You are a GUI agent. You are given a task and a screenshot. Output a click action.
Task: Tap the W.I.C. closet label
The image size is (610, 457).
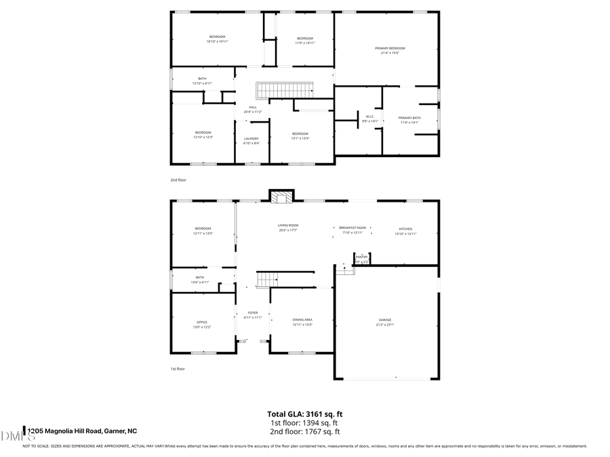(370, 116)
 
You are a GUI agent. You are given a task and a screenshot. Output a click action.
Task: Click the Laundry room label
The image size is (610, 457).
(251, 138)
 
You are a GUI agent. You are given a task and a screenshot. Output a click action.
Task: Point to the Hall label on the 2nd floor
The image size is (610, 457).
(252, 107)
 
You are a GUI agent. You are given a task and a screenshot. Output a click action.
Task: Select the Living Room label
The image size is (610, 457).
(288, 225)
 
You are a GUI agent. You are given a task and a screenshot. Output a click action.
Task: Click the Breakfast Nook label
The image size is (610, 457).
(352, 227)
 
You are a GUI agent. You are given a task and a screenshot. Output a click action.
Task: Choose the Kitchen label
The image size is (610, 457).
(405, 229)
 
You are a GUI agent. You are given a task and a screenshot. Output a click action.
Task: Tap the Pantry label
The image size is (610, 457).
(362, 257)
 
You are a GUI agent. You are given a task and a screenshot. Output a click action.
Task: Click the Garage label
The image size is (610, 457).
(385, 320)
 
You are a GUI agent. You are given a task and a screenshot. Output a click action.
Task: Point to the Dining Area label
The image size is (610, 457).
(302, 320)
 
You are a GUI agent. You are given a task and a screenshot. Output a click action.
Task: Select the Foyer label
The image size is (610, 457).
(252, 313)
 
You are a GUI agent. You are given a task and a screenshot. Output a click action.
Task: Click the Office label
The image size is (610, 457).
(202, 322)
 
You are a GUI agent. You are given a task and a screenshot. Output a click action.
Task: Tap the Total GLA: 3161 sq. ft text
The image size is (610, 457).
(305, 414)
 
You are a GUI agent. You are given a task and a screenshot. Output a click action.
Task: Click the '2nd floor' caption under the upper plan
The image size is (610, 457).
(178, 180)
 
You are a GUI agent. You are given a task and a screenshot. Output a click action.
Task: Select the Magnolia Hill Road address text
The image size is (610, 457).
(82, 431)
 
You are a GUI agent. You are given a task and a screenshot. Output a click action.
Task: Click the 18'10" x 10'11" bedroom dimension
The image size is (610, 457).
(217, 41)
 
